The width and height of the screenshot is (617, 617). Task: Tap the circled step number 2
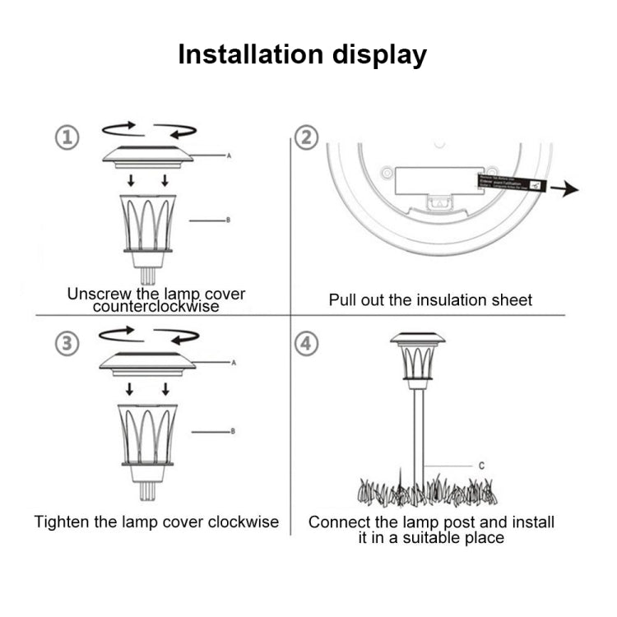tap(306, 137)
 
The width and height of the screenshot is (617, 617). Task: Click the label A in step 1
tap(230, 155)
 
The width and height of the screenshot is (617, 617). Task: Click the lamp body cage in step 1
tap(148, 222)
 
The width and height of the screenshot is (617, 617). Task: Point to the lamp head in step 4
tap(418, 359)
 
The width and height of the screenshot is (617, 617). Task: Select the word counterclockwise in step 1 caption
tap(155, 307)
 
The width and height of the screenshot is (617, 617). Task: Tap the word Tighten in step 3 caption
tap(62, 522)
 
